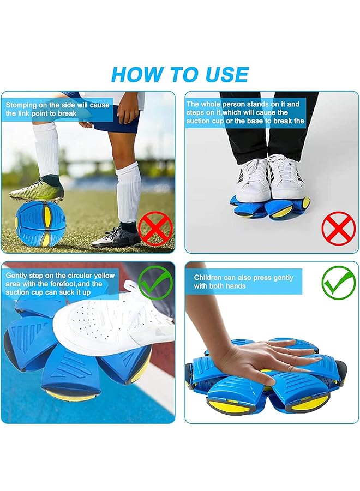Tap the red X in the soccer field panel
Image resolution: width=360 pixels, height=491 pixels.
click(155, 229)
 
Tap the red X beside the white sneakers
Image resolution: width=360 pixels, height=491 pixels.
click(338, 229)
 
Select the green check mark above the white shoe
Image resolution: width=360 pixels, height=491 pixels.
click(155, 282)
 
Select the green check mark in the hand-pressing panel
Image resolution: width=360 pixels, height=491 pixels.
click(338, 282)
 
